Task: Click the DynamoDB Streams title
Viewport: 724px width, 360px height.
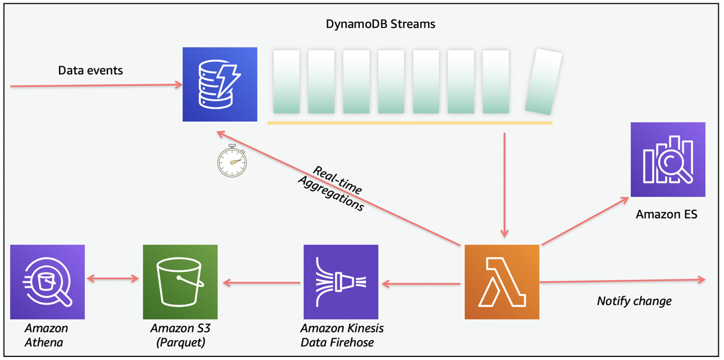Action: (380, 24)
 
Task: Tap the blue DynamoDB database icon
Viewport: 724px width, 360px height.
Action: (220, 84)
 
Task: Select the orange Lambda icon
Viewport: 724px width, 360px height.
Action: (501, 282)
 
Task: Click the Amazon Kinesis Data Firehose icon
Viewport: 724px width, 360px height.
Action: (341, 282)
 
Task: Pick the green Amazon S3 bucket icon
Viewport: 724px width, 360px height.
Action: (180, 282)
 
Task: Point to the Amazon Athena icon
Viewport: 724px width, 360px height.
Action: (47, 282)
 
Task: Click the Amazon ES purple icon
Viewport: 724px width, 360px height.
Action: (668, 160)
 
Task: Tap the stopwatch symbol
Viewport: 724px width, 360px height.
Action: (232, 162)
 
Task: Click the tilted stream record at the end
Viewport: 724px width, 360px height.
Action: (543, 82)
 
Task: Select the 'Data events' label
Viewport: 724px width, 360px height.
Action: (90, 71)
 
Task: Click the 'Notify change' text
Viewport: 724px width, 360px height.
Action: (634, 301)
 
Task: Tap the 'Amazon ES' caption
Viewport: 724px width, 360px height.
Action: (666, 214)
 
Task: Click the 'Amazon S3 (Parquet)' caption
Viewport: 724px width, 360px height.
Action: (180, 335)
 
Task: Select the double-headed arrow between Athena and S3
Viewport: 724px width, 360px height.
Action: (113, 279)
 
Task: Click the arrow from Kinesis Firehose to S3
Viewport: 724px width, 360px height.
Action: (261, 283)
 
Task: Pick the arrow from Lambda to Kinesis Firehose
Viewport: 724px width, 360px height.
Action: (421, 284)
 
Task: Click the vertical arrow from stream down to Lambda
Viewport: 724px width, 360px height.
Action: (504, 184)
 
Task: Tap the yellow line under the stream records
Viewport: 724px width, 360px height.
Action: (410, 123)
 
